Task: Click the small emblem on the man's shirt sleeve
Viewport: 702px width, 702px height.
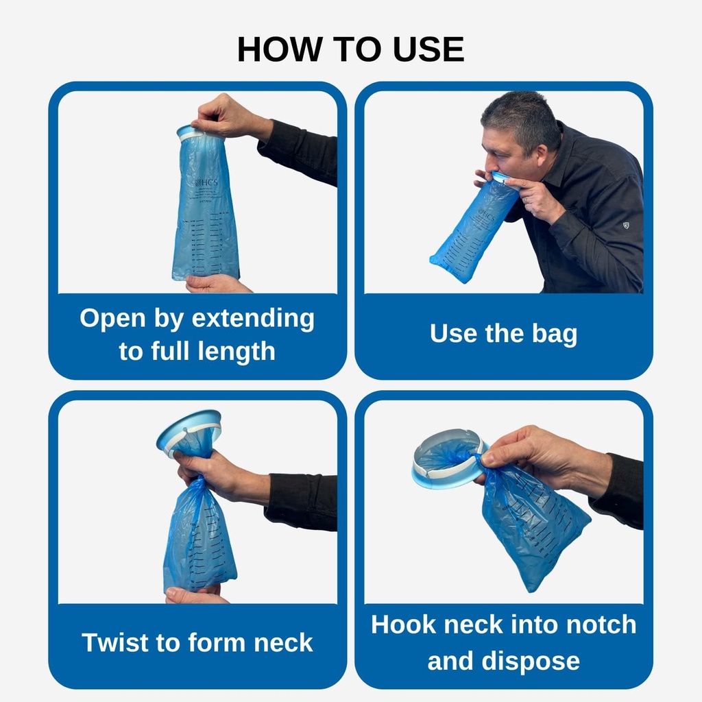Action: point(625,225)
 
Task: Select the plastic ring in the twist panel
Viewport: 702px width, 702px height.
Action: point(189,433)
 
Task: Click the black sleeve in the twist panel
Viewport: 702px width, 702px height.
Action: point(302,500)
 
